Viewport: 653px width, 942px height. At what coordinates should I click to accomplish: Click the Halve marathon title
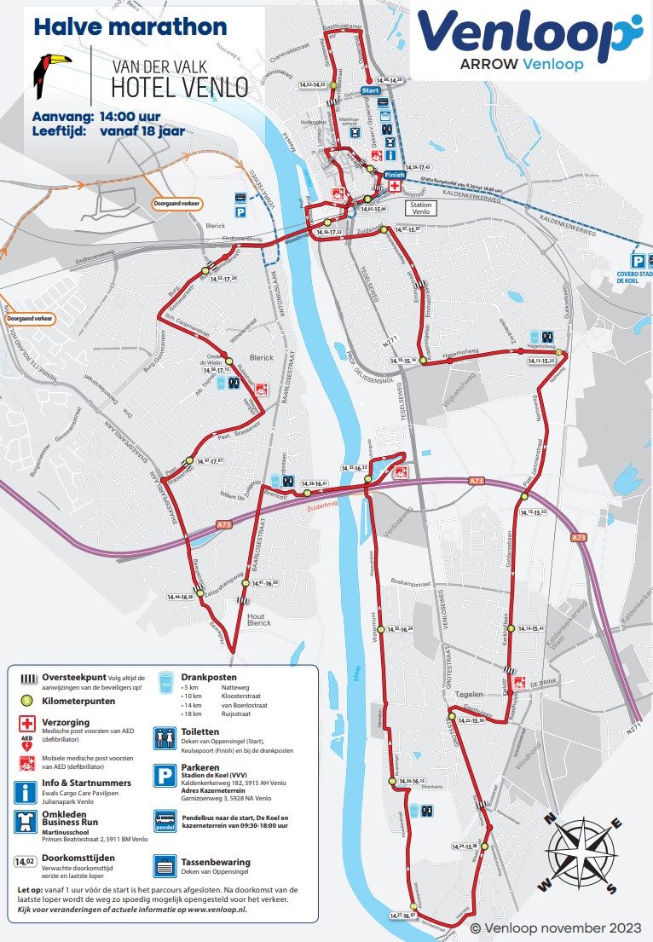click(x=130, y=27)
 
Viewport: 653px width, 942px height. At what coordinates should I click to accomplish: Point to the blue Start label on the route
click(x=371, y=90)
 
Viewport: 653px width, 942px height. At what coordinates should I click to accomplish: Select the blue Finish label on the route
click(x=394, y=175)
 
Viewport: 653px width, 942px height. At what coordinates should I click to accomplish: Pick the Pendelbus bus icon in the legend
click(x=165, y=820)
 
